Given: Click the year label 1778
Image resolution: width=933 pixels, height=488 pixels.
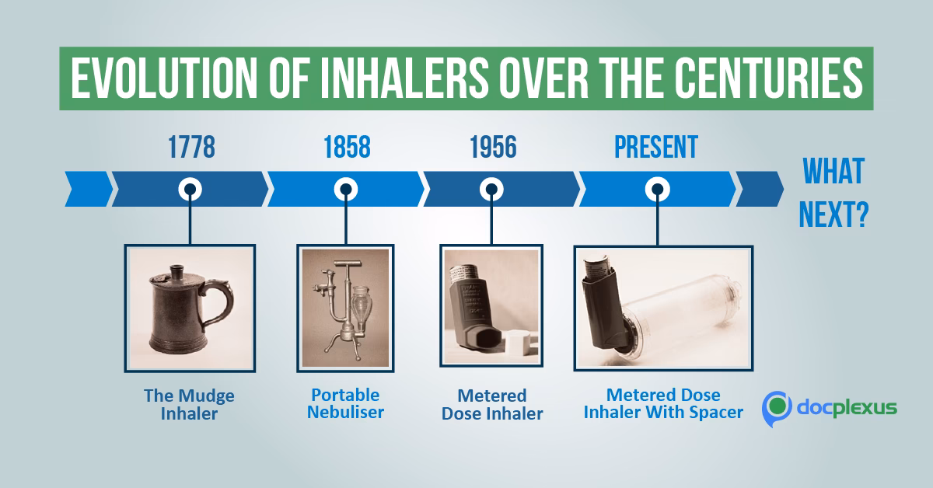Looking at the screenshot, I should tap(191, 147).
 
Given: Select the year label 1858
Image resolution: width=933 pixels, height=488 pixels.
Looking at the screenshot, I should tap(346, 147).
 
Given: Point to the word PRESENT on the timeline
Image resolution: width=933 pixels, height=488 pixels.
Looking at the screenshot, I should tap(656, 146).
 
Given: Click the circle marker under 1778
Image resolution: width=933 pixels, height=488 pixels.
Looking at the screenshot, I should tap(190, 189).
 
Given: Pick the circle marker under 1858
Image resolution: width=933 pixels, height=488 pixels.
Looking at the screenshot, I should tap(346, 189).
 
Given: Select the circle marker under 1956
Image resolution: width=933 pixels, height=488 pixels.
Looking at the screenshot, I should tap(491, 189).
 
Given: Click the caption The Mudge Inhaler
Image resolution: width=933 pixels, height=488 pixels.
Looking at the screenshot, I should tap(189, 404).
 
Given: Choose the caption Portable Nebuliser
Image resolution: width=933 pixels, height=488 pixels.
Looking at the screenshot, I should tap(345, 403).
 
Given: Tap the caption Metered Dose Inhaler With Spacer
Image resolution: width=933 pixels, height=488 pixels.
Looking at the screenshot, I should tap(663, 403).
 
